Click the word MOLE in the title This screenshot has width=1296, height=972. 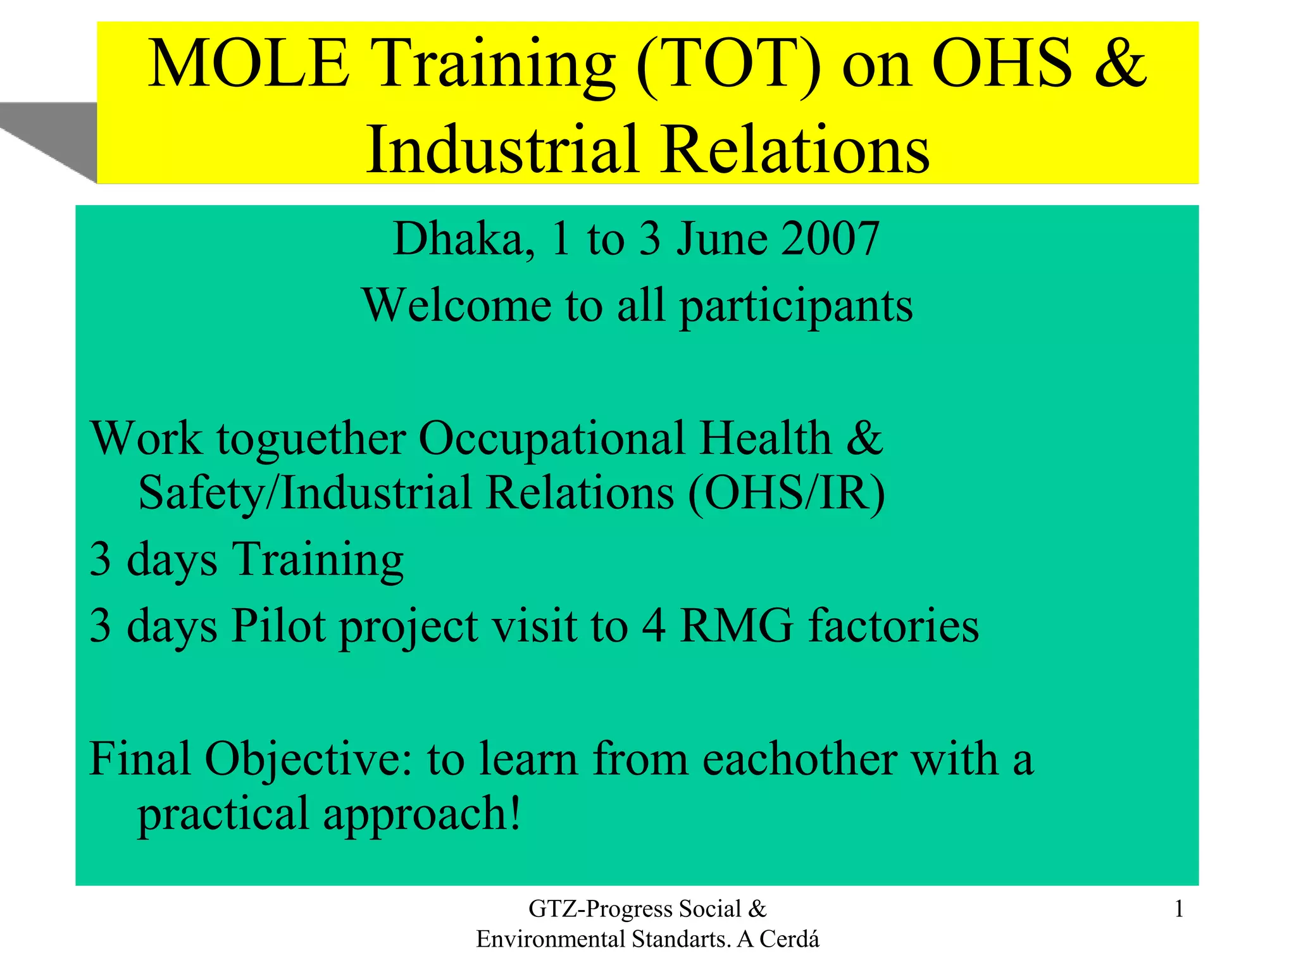[248, 64]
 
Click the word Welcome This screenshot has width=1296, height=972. [456, 306]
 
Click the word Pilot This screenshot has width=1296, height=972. [278, 626]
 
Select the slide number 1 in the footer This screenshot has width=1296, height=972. [1178, 909]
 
